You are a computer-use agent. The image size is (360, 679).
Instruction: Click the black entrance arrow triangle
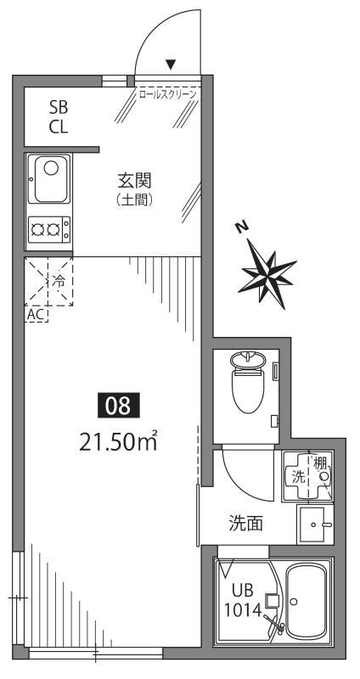tap(171, 64)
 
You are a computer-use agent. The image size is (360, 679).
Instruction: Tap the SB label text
tap(59, 108)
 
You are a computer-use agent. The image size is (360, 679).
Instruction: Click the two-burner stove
tap(48, 227)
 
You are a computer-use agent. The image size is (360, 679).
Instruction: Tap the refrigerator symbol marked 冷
tap(49, 280)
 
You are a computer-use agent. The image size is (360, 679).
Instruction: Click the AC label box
tap(37, 314)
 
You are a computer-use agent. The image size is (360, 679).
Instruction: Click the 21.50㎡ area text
tap(118, 441)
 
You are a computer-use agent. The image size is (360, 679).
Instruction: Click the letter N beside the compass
tap(242, 227)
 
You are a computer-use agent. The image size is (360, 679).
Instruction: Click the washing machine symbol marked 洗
tap(302, 476)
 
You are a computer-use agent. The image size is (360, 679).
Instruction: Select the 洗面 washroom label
tap(245, 524)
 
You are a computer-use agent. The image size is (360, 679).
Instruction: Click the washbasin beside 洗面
tap(317, 525)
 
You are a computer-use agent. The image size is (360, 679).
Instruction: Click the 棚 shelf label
tap(321, 463)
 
